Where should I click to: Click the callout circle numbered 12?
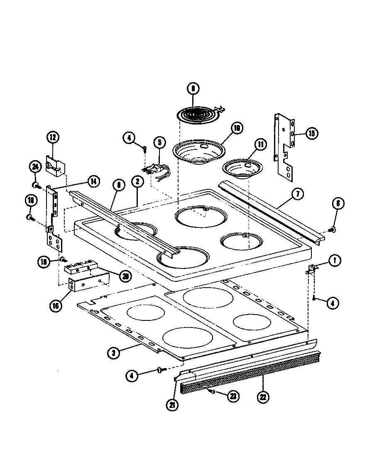53,137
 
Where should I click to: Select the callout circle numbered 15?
311,133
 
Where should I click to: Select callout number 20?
124,276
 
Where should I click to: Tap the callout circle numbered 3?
113,353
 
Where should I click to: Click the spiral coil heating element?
198,113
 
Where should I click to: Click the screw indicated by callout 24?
37,184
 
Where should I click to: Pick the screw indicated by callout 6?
330,229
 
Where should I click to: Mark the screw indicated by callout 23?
213,391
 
